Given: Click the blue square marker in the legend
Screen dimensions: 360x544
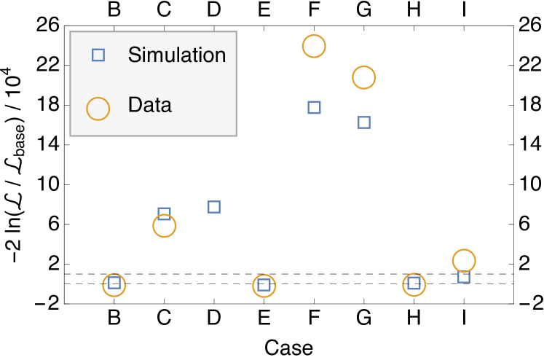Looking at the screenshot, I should point(98,55).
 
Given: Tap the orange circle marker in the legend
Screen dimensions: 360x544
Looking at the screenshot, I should point(98,109).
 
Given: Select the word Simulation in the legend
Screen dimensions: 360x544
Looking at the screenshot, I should point(176,55).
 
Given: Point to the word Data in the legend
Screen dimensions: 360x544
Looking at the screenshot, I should point(149,105).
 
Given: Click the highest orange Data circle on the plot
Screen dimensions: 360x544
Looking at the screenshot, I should point(314,46).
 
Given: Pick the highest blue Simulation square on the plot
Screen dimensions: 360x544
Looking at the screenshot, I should point(314,107).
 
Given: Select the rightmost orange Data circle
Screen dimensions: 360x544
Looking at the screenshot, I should point(464,260).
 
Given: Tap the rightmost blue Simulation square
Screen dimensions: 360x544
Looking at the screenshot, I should point(464,277).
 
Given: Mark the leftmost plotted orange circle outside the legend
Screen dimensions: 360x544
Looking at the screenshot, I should point(114,285).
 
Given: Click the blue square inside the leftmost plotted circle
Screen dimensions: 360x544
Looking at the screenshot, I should point(114,283).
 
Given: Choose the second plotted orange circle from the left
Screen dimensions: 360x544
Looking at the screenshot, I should point(165,226).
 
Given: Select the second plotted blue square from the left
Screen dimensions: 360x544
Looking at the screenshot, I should point(165,214).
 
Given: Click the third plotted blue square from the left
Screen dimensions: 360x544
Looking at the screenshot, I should point(214,207).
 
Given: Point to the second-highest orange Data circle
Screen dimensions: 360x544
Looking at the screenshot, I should point(363,77).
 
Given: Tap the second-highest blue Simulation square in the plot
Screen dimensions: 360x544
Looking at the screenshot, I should point(364,122).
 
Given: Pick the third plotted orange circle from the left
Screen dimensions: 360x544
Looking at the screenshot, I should point(264,286).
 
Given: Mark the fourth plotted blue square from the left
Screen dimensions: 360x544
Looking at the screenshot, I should point(264,285).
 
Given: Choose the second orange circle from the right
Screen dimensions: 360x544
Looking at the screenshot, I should point(414,284).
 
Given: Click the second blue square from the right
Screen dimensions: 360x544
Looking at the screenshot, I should point(414,283).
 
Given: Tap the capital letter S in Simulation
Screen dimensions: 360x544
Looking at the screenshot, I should point(134,55).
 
